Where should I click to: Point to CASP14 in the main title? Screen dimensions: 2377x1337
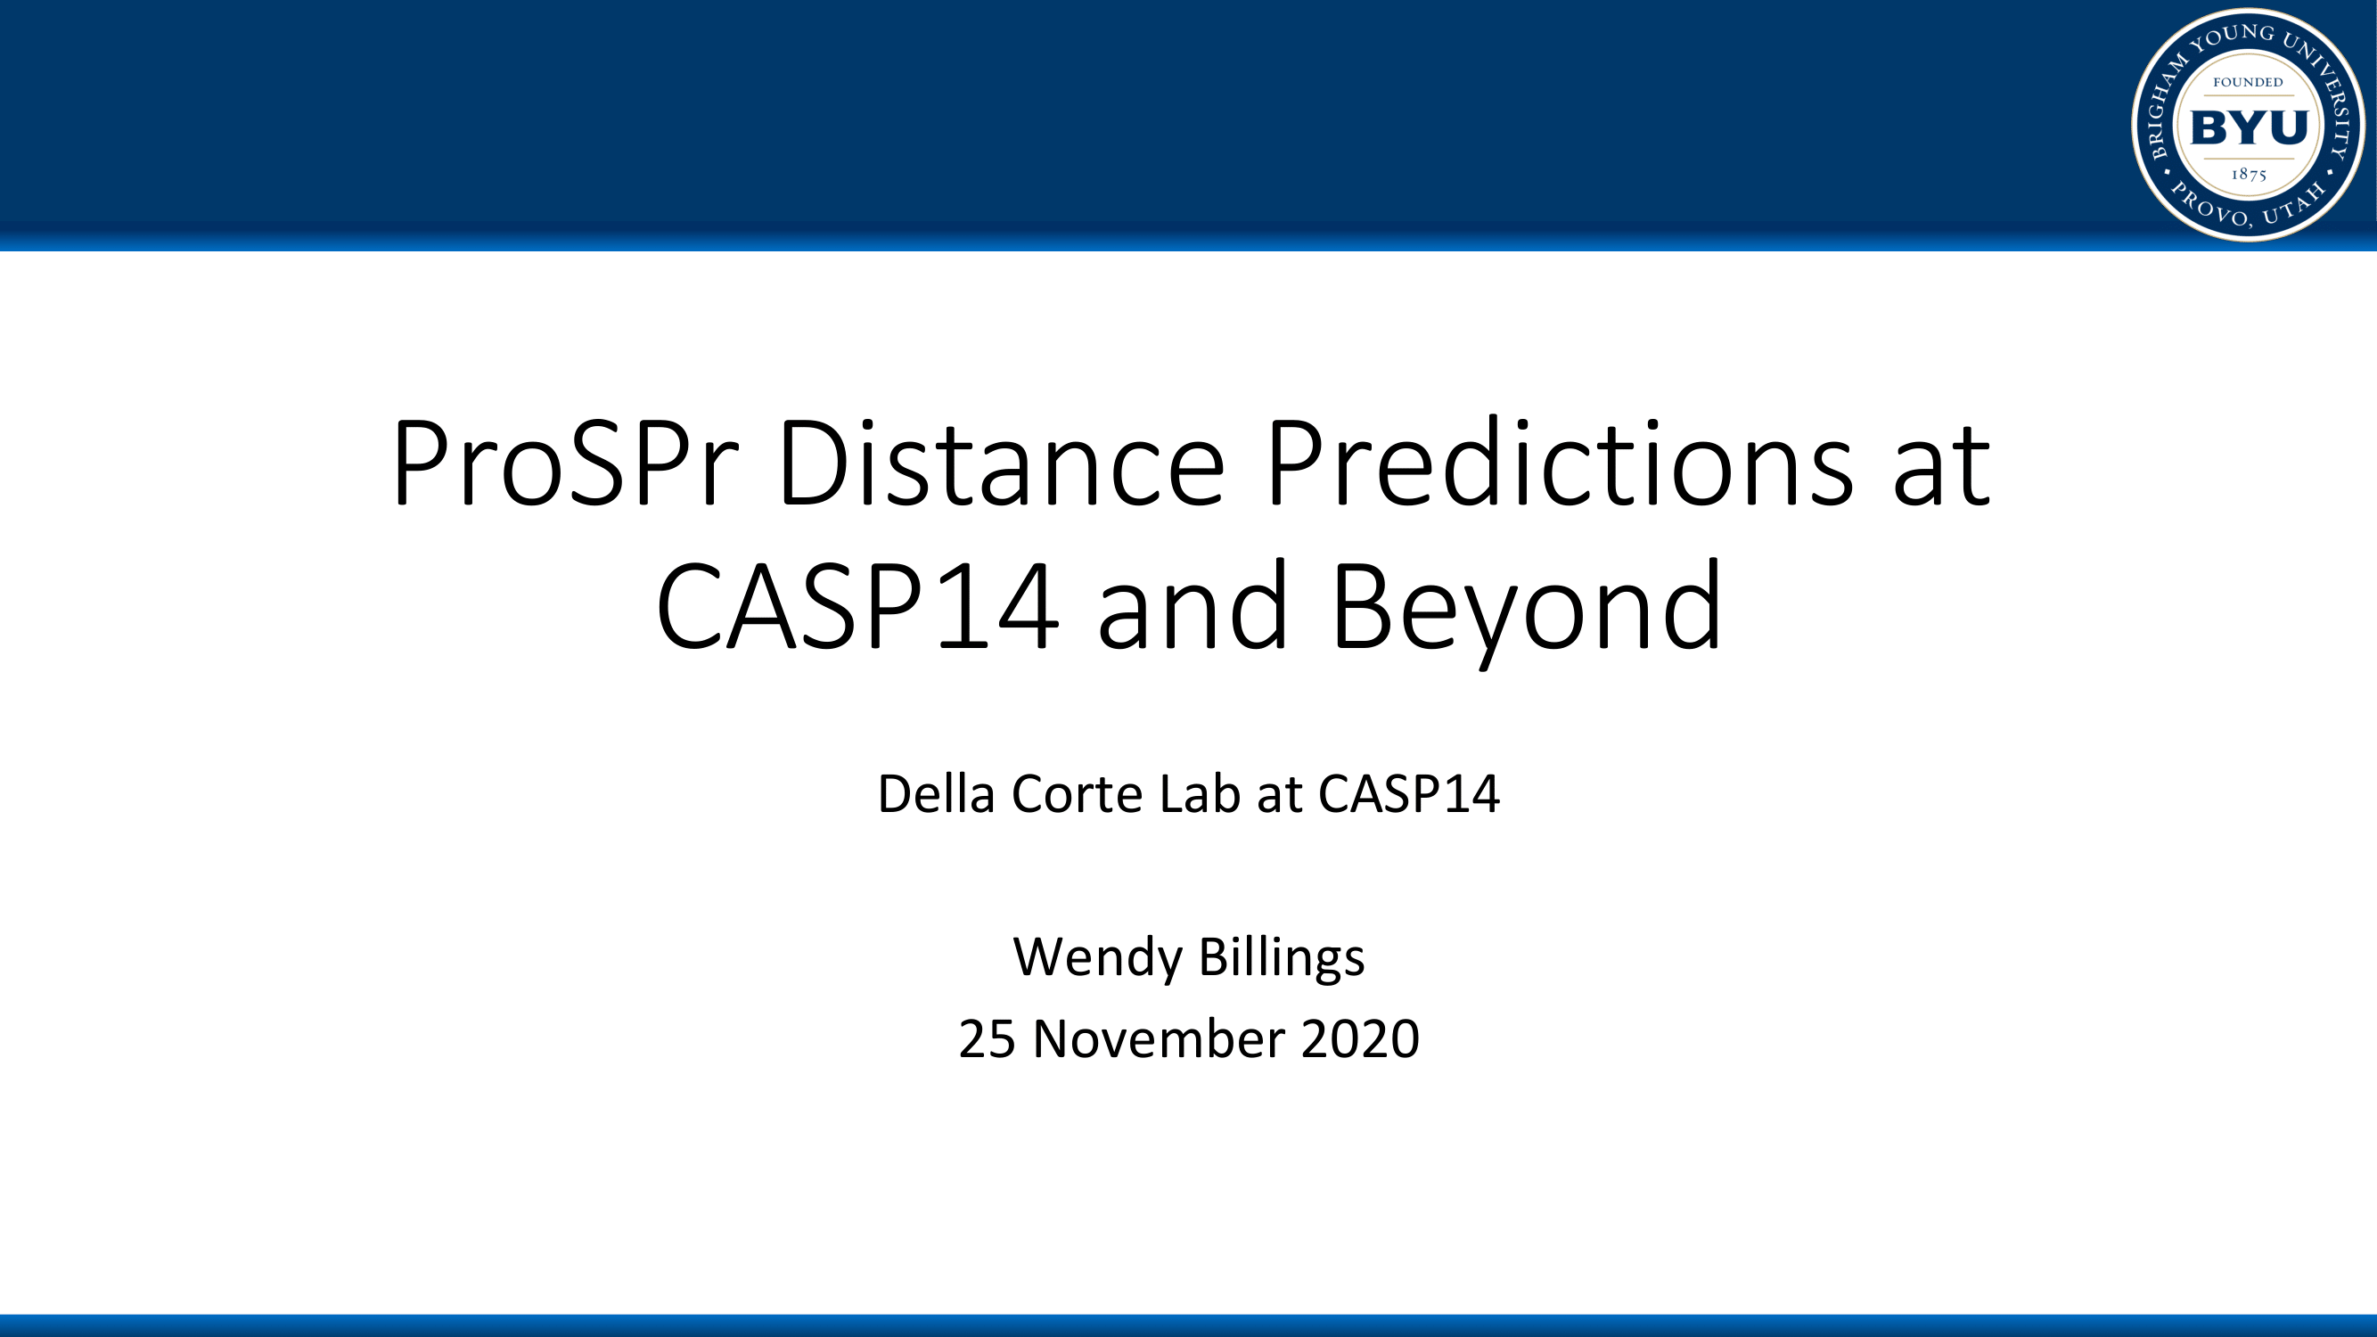click(x=857, y=607)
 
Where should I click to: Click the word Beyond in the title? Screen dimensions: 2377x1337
click(x=1527, y=611)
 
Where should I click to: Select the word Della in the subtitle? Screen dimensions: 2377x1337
click(x=936, y=793)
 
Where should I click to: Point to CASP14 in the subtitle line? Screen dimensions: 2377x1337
click(x=1409, y=794)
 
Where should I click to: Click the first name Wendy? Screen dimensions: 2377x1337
click(x=1097, y=958)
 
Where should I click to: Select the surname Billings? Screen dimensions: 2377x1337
click(x=1282, y=958)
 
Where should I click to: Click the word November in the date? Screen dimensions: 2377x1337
click(x=1157, y=1039)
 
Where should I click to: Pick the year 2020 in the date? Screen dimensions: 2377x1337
click(x=1360, y=1039)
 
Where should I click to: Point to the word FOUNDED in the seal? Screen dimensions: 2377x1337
click(x=2248, y=82)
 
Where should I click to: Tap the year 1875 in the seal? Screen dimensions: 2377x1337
click(x=2249, y=175)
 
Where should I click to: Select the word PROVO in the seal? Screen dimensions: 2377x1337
click(x=2209, y=206)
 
